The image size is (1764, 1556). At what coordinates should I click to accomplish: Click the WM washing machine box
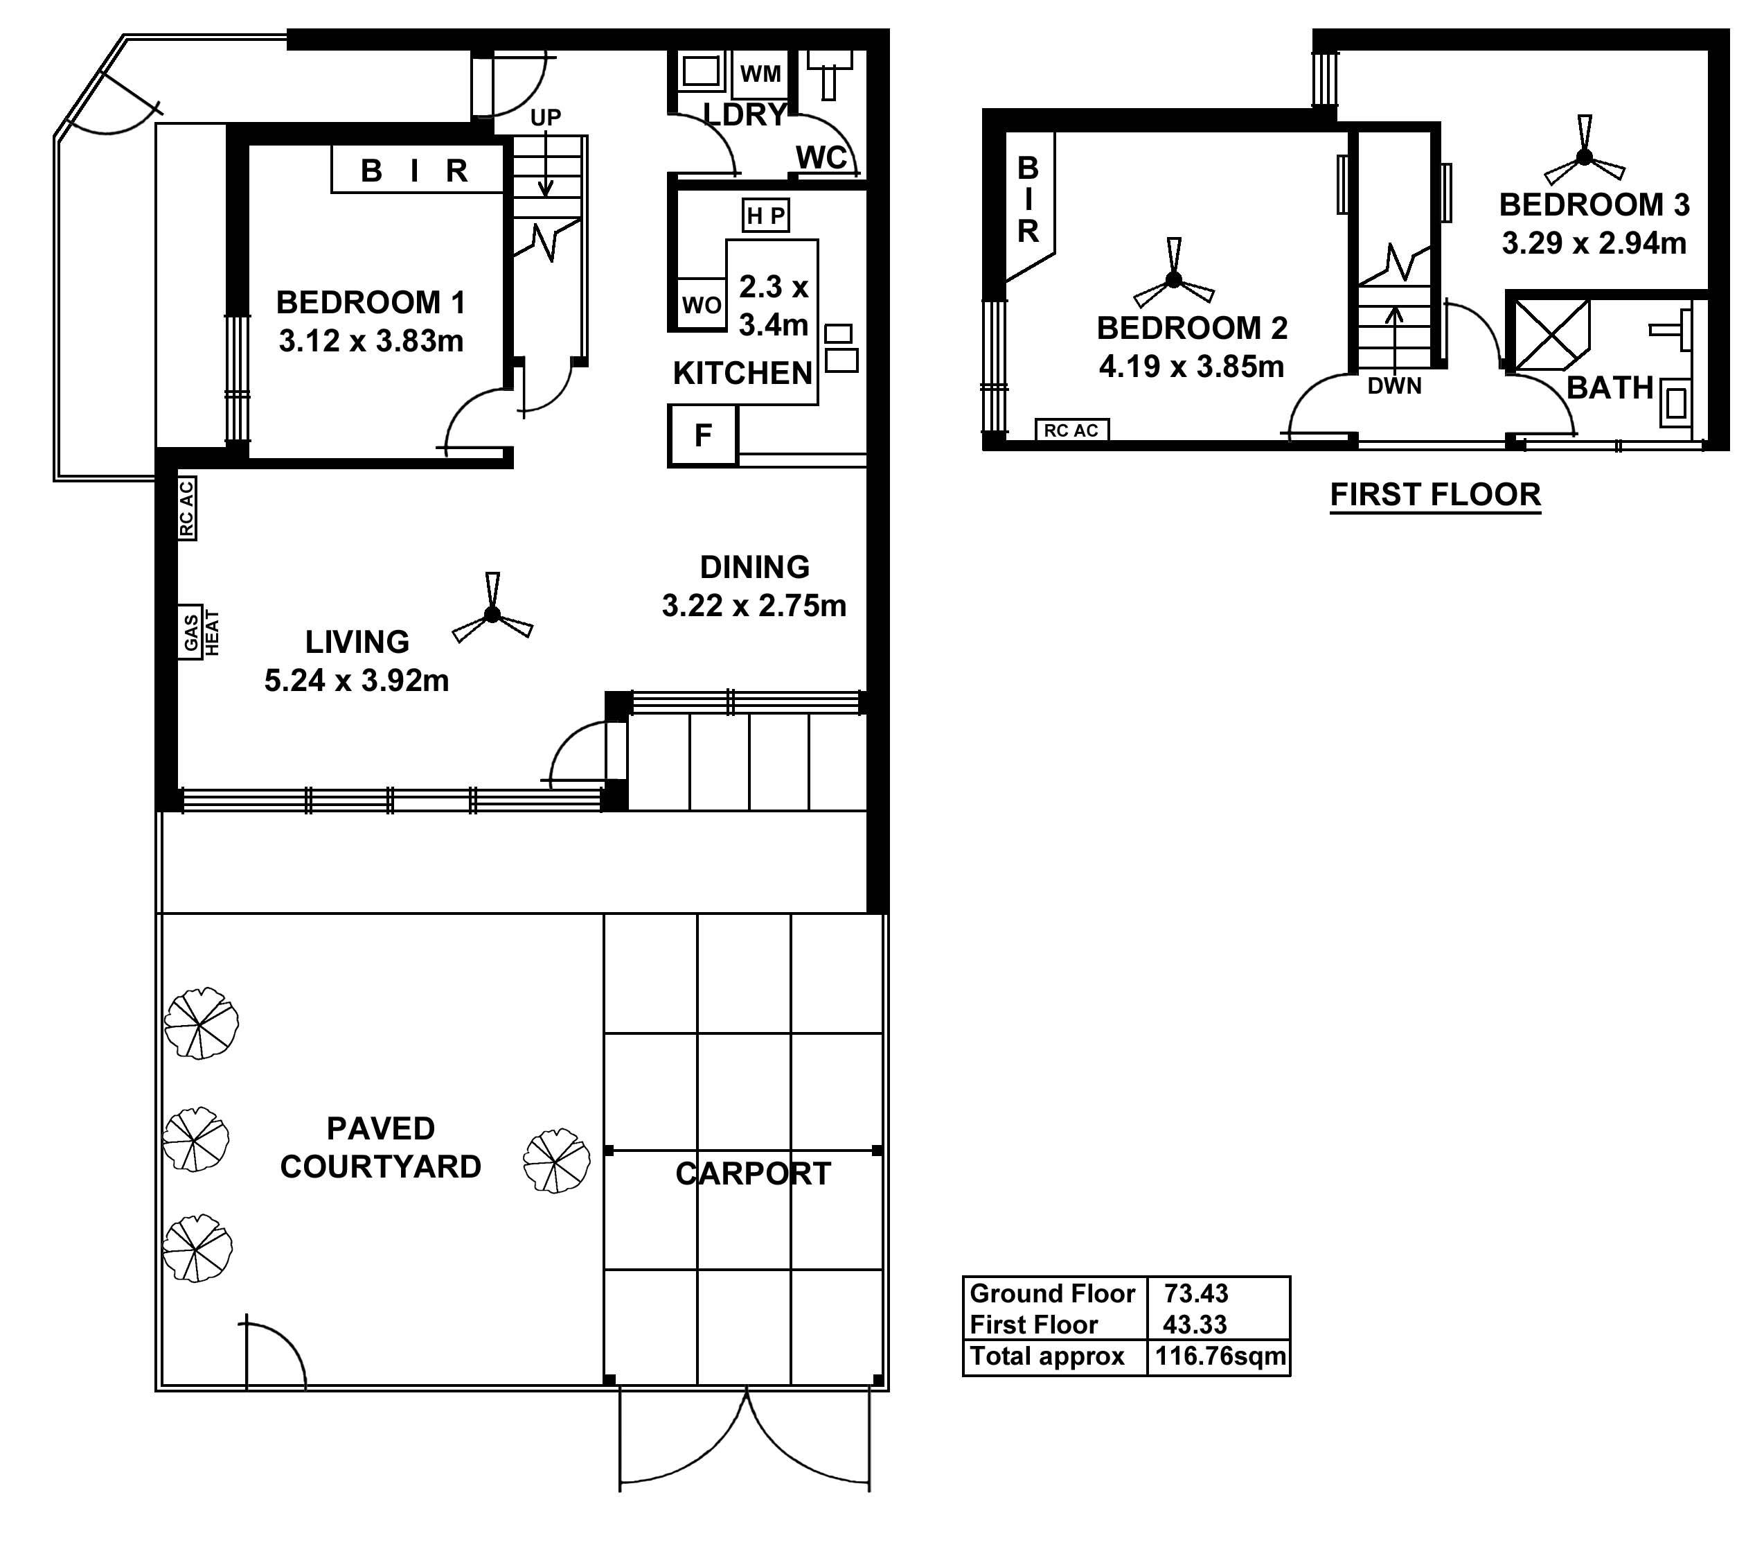(760, 74)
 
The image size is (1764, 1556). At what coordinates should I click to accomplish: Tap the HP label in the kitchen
(765, 216)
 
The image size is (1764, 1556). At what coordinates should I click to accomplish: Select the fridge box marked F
(702, 435)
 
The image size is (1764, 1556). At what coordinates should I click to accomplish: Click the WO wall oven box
(701, 304)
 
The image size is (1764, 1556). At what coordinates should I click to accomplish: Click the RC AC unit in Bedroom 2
(1071, 430)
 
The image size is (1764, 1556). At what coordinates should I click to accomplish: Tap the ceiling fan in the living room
(492, 614)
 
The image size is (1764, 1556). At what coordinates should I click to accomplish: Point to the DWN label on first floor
(1395, 386)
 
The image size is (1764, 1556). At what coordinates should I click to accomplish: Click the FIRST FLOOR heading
(1434, 495)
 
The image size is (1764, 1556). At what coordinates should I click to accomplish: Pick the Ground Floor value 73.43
(1196, 1293)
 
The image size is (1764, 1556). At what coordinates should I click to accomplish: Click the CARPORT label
(753, 1173)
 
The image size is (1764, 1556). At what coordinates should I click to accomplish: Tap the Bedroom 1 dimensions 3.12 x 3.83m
(371, 341)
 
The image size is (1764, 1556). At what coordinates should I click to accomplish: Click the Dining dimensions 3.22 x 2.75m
(754, 605)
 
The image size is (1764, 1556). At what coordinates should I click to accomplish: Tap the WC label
(821, 157)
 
